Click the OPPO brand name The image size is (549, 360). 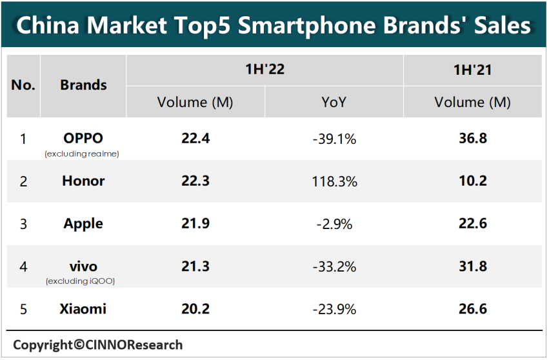[83, 137]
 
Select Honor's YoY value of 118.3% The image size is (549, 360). [334, 181]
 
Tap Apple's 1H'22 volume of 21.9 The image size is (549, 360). [195, 224]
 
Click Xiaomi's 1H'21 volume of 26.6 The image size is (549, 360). [472, 309]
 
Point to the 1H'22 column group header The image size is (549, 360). [265, 70]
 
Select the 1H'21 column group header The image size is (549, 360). [472, 70]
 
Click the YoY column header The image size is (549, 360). [334, 102]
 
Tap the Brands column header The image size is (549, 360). [83, 85]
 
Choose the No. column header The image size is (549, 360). [23, 85]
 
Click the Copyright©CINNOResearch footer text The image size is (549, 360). [97, 345]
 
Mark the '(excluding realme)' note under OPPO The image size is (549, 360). [83, 154]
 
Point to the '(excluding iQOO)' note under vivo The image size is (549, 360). [83, 281]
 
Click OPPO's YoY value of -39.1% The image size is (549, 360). [334, 139]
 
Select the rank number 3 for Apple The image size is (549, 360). [23, 224]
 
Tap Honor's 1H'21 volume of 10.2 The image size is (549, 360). [472, 181]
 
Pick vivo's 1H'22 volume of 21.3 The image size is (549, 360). [195, 266]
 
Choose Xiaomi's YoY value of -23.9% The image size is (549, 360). [334, 309]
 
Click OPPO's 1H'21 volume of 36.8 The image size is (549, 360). [472, 139]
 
